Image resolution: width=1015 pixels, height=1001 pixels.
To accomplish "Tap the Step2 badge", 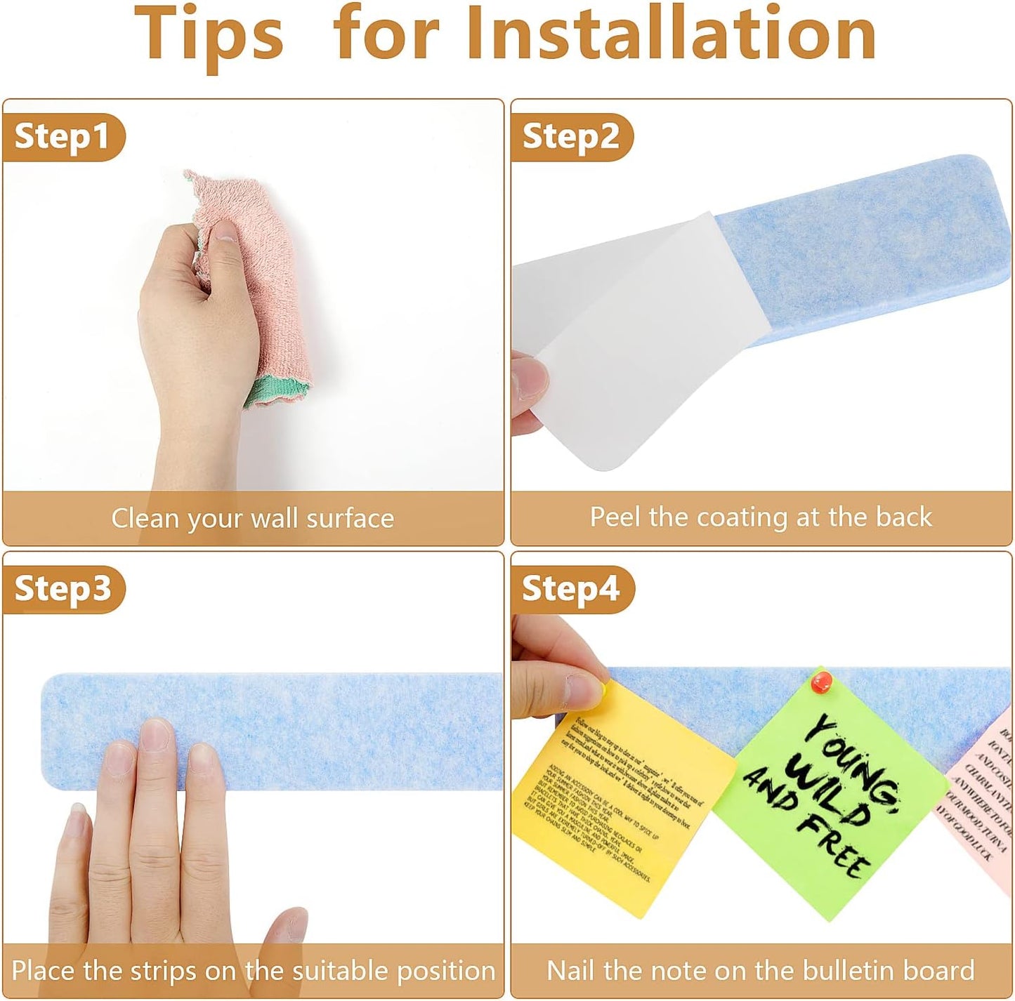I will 570,137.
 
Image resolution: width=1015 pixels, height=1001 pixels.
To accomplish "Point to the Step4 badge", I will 570,588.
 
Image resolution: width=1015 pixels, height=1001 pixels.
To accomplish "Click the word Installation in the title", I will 671,34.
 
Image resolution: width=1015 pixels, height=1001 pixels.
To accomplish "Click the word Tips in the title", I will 209,34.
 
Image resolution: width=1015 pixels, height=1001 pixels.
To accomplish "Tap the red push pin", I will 821,680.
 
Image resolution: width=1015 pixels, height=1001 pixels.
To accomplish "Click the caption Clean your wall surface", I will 253,519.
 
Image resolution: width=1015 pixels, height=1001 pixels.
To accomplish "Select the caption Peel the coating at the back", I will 761,517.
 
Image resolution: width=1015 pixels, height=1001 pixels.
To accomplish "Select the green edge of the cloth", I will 277,390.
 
